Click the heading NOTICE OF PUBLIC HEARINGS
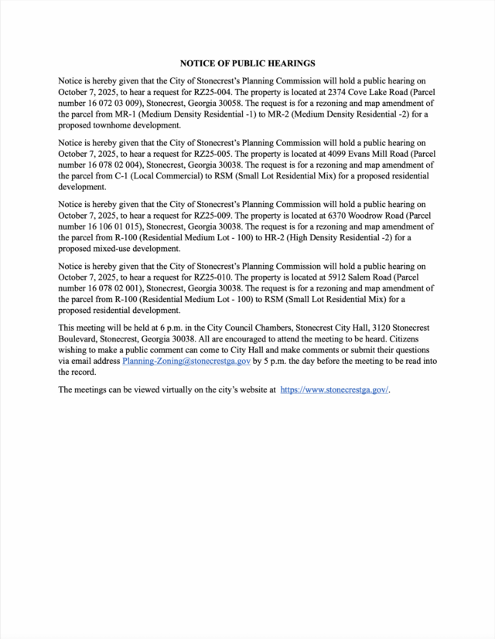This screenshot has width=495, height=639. click(247, 63)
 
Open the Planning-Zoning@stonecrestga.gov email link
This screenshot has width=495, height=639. click(186, 361)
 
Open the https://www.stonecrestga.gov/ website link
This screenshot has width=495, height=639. click(334, 390)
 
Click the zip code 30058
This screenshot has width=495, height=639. click(233, 103)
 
